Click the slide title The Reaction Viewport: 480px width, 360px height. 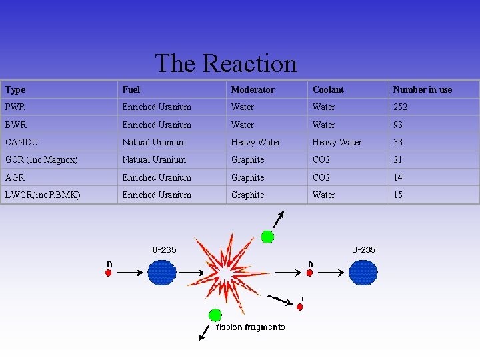225,64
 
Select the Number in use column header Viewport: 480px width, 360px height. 422,89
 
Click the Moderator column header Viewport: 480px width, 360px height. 252,89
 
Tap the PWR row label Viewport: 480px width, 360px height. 15,107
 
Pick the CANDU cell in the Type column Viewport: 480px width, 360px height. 21,142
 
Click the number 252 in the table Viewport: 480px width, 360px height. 400,107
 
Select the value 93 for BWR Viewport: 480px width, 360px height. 398,125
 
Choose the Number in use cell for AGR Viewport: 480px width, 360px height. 398,177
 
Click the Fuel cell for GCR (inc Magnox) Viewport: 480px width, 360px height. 154,159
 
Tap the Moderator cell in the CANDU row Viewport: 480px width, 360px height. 255,142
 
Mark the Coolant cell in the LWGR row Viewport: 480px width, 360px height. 324,195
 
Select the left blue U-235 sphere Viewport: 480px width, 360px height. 162,272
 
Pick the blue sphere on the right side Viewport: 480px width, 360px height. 363,272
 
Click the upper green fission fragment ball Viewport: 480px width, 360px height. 267,236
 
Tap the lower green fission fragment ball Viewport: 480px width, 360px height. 215,315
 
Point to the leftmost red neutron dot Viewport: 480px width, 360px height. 109,273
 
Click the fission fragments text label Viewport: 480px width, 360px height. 251,327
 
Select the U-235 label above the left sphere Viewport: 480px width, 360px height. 164,250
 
